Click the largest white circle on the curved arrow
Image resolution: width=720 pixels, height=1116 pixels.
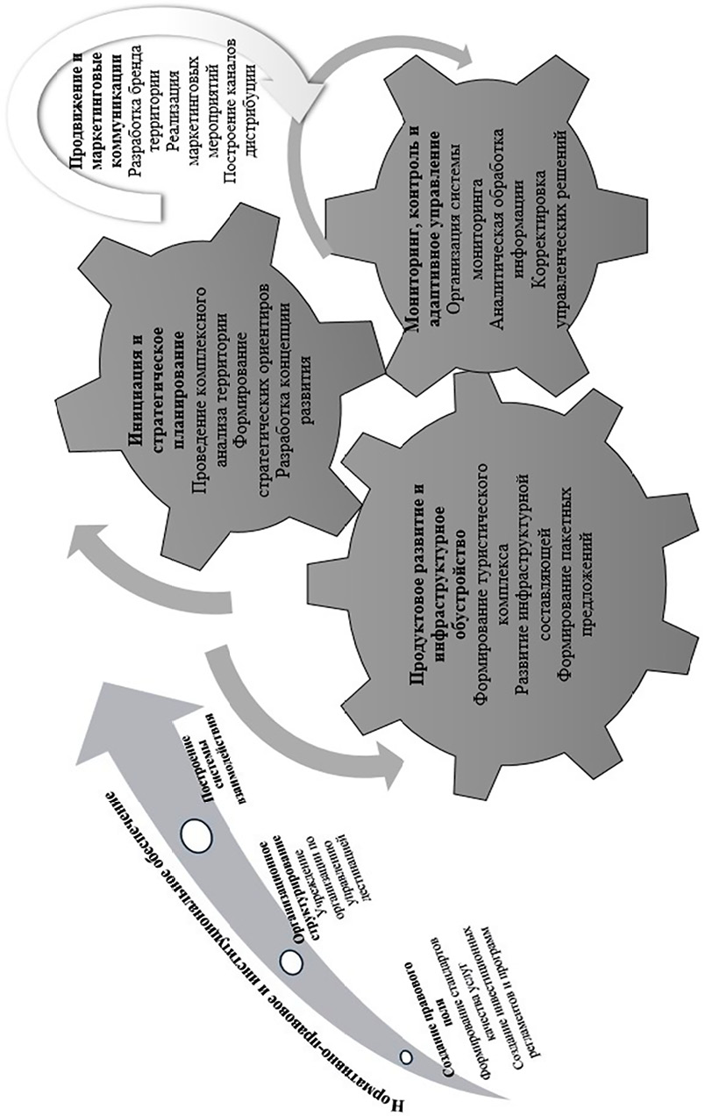tap(195, 833)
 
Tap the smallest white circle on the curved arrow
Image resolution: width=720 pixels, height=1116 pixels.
tap(405, 1056)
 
